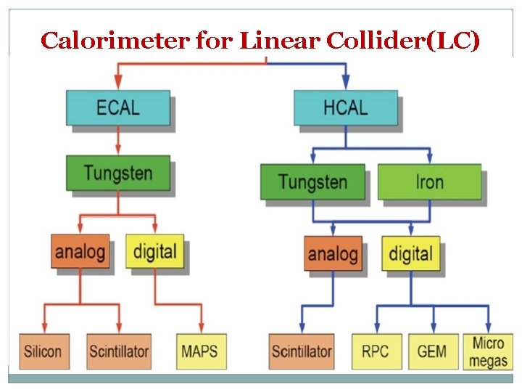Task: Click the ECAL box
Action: [117, 107]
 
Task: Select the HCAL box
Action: [345, 107]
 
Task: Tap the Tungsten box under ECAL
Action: [117, 173]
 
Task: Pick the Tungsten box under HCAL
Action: [313, 181]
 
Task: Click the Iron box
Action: [429, 181]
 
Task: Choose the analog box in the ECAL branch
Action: [80, 251]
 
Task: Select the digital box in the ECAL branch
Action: [154, 251]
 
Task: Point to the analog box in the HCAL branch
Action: [333, 253]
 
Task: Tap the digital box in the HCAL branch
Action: [410, 253]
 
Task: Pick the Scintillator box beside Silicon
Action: [118, 352]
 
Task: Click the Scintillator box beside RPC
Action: [301, 352]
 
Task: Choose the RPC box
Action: [375, 352]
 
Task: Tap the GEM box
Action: [433, 352]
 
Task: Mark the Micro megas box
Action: [488, 351]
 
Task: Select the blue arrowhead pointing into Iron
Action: [429, 157]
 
